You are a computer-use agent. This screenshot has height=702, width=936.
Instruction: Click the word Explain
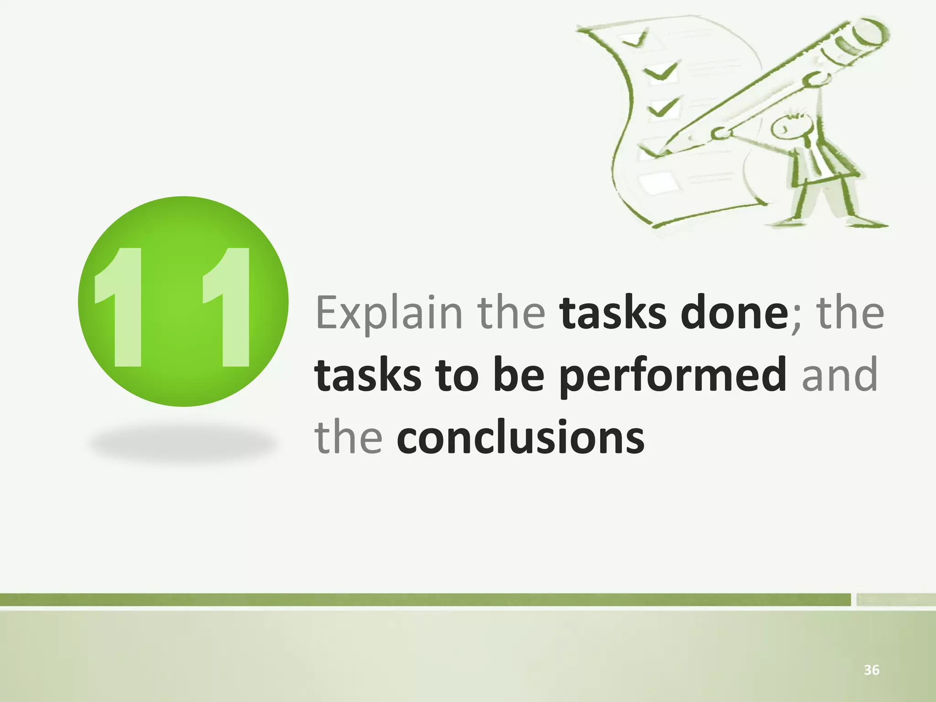tap(388, 313)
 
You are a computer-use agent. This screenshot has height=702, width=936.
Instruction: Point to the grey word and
tap(840, 376)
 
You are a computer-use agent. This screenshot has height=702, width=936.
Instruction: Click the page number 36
tap(871, 670)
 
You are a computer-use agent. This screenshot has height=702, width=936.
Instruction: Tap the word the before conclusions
tap(348, 438)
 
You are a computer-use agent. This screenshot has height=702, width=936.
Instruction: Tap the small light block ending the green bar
tap(895, 600)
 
